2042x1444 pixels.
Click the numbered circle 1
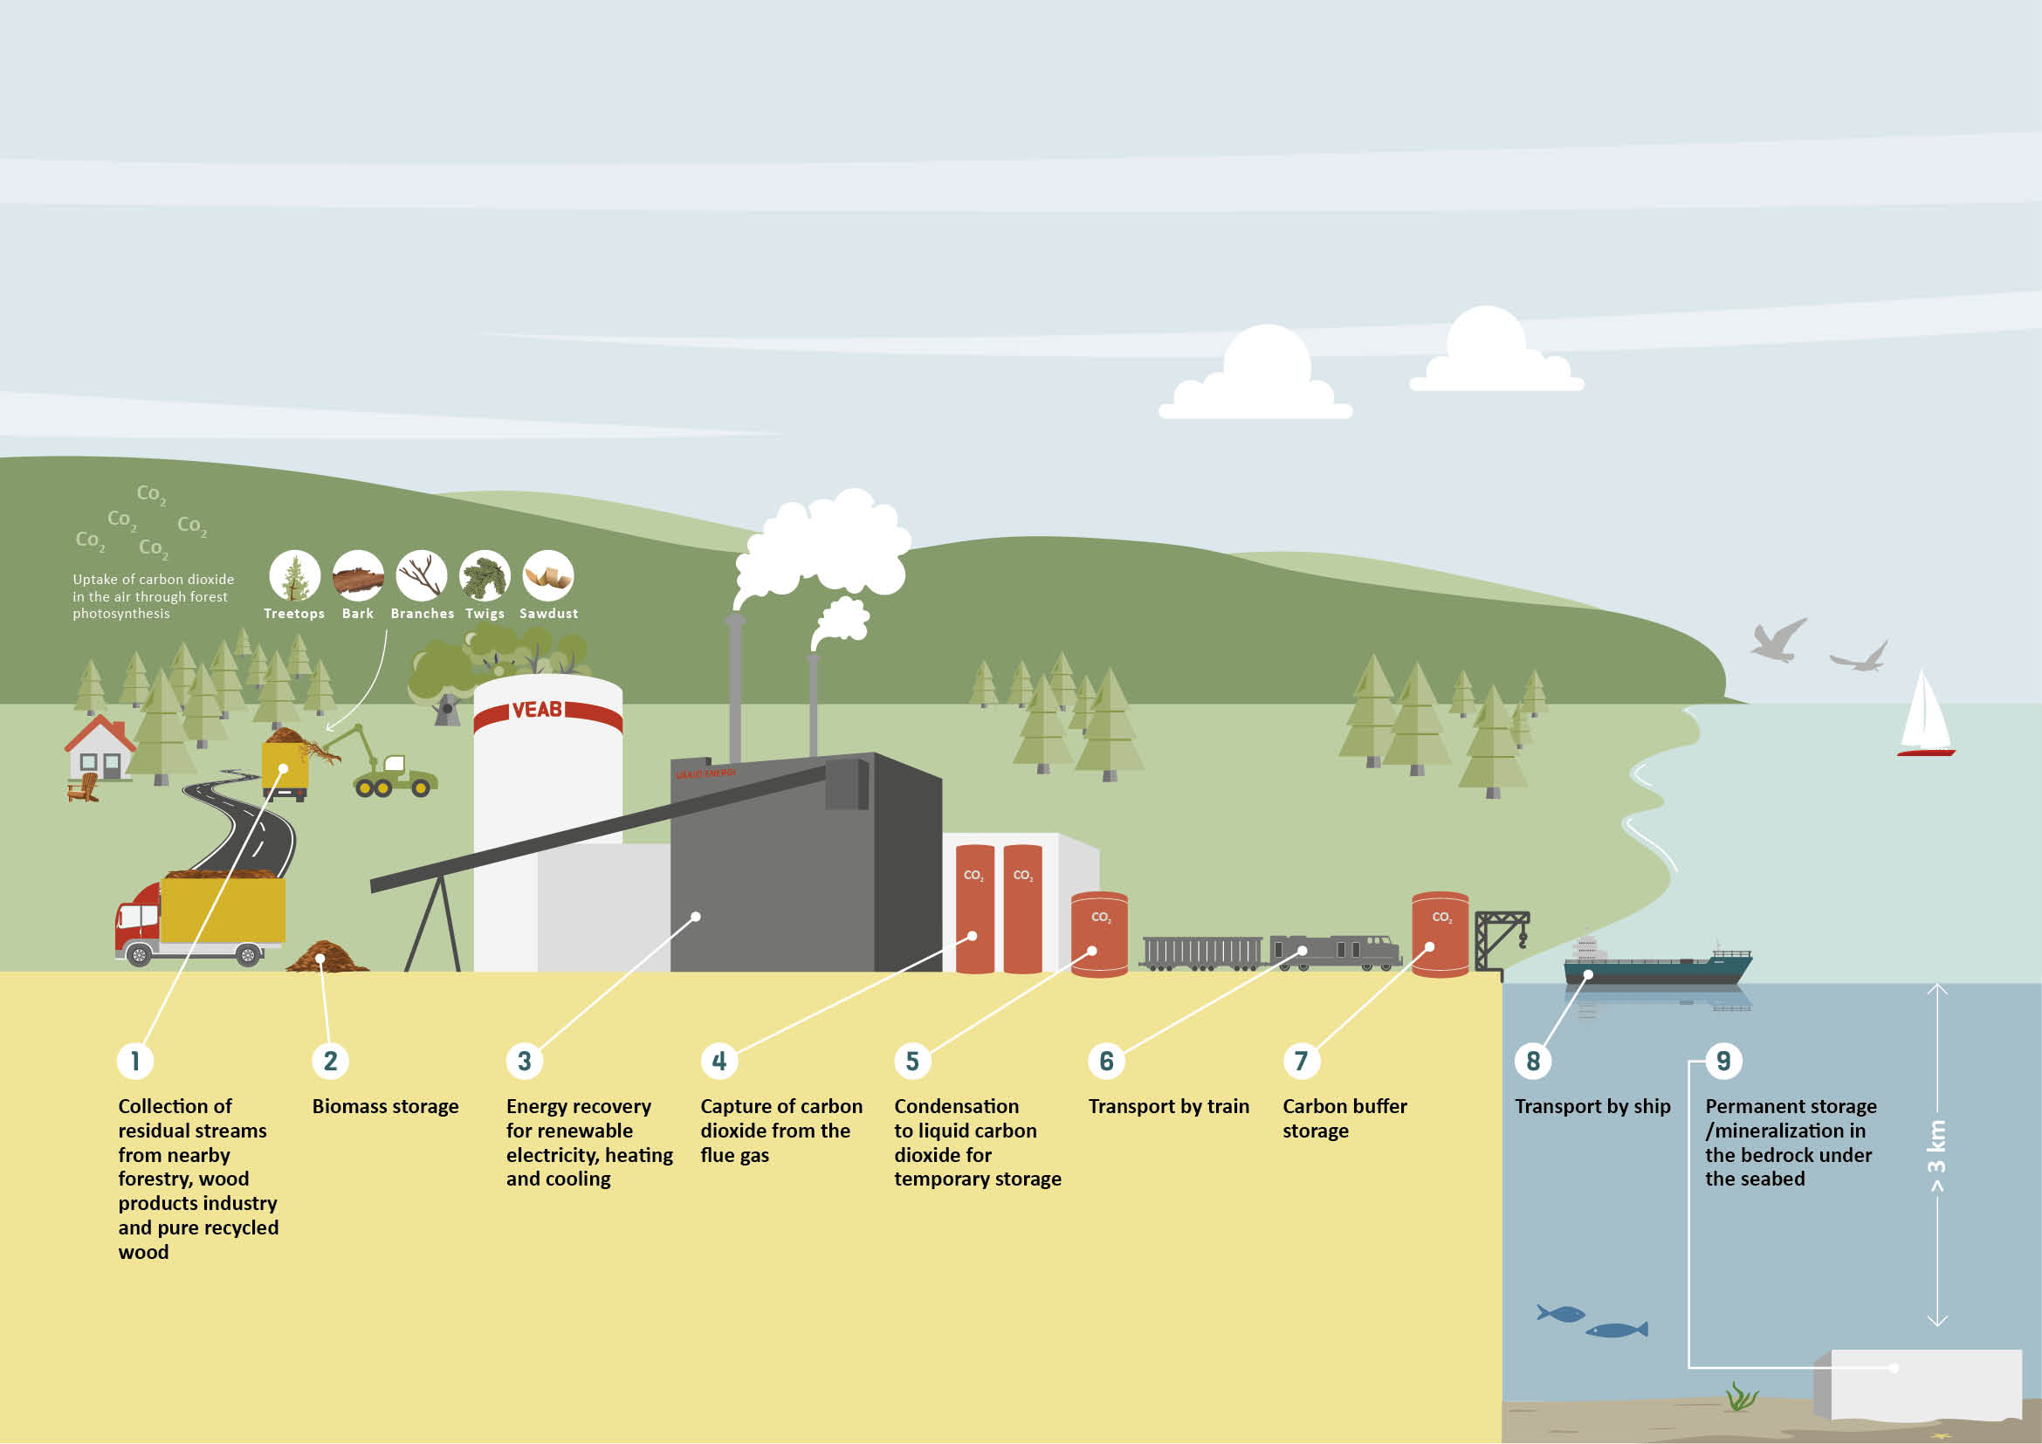coord(135,1061)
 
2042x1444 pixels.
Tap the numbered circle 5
coord(912,1061)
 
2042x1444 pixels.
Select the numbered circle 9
coord(1723,1061)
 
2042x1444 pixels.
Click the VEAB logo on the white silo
coord(537,710)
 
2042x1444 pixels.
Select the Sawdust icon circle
coord(548,576)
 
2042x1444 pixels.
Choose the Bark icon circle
coord(359,576)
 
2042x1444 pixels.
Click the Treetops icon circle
coord(294,576)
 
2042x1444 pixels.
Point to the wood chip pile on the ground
coord(327,957)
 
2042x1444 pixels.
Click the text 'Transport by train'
coord(1169,1107)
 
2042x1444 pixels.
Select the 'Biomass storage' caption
coord(385,1107)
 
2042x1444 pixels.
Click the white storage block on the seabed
coord(1917,1385)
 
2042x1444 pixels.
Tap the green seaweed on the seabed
coord(1742,1397)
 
